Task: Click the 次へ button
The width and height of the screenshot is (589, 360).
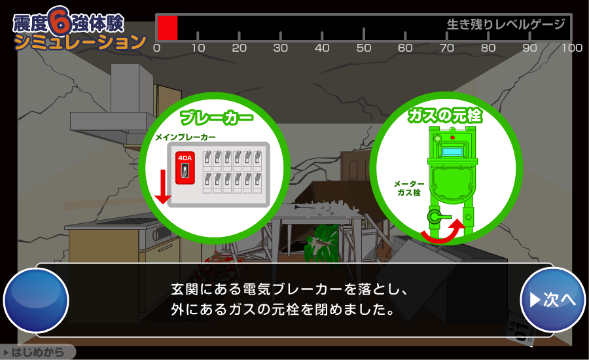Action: (552, 300)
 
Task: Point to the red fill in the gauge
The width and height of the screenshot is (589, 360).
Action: (168, 28)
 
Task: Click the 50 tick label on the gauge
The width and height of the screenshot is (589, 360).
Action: (363, 48)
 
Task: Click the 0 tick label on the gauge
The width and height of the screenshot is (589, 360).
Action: (156, 48)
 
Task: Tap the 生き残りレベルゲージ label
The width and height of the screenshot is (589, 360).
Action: (505, 25)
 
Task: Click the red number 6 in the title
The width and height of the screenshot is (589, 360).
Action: (60, 22)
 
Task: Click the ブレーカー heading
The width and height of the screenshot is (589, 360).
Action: (216, 118)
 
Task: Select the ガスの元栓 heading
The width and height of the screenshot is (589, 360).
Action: (445, 116)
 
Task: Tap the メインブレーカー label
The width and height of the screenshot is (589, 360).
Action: (185, 137)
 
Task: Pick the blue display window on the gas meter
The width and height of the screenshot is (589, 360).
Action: (452, 152)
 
